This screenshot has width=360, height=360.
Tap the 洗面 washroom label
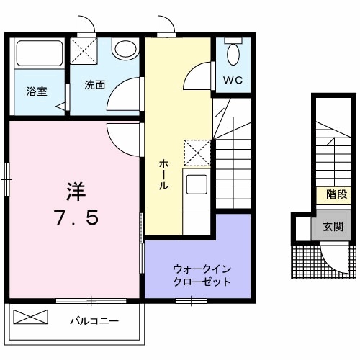tap(95, 84)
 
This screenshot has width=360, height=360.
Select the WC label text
tap(233, 80)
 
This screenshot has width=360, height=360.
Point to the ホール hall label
tap(164, 175)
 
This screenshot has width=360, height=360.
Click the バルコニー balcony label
tap(94, 320)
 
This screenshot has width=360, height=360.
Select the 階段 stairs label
tap(336, 194)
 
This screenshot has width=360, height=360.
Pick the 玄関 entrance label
tap(332, 227)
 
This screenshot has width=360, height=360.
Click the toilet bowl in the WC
tap(233, 52)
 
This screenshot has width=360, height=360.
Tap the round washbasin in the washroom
tap(126, 50)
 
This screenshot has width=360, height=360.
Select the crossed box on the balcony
tap(30, 317)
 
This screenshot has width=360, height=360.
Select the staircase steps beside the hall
tap(232, 173)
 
